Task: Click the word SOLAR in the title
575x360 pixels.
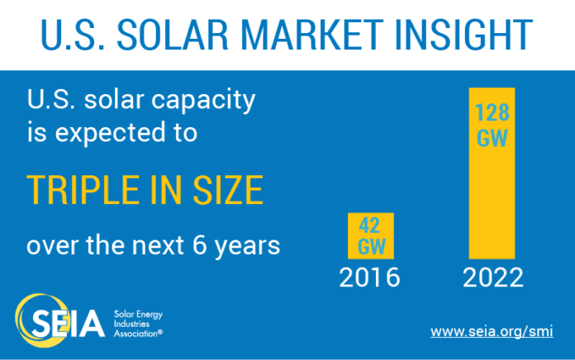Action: click(173, 35)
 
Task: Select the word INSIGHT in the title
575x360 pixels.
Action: click(464, 35)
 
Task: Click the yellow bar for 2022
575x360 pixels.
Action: click(492, 173)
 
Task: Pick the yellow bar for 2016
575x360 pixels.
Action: click(371, 235)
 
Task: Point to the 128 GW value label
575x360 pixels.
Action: click(492, 125)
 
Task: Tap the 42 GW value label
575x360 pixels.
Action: click(372, 235)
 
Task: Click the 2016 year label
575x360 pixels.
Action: click(369, 277)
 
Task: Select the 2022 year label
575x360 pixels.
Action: click(493, 277)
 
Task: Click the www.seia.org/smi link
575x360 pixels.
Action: click(492, 331)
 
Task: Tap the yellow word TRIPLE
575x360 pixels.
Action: click(83, 190)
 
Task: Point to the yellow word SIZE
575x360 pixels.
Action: click(228, 190)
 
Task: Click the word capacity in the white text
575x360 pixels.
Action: click(203, 100)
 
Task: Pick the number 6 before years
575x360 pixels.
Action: click(199, 245)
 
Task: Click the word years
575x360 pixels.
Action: click(248, 247)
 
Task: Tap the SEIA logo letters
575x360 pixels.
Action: click(69, 323)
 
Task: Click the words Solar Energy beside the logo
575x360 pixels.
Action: click(138, 315)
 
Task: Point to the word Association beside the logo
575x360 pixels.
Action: click(138, 334)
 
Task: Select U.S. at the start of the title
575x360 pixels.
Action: click(73, 35)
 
